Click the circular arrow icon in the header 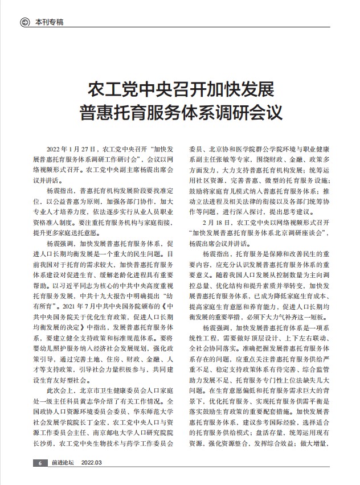click(x=24, y=22)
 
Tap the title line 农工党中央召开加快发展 click(x=180, y=89)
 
